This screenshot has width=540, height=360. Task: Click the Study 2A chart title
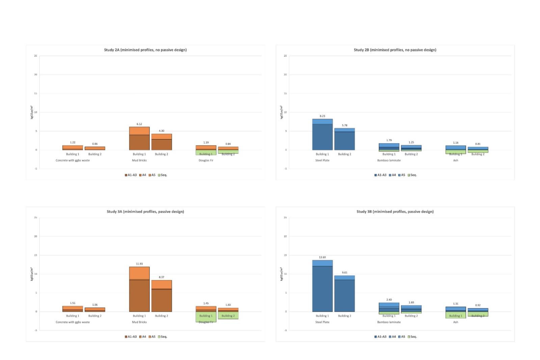145,50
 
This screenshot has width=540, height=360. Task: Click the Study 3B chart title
395,212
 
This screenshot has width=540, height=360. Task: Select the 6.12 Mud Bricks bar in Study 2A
139,138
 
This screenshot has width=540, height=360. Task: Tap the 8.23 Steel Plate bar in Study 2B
322,135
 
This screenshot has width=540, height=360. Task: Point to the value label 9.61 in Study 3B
345,272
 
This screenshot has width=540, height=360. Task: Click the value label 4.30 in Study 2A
161,131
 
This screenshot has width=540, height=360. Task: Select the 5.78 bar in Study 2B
345,139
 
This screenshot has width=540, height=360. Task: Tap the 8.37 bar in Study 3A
161,296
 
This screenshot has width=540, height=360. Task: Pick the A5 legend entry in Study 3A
152,337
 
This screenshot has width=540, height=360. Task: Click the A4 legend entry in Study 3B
392,337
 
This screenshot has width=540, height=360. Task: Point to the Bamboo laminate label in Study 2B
389,160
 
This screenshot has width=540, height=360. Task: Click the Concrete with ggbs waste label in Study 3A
73,322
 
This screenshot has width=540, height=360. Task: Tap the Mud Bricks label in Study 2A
139,160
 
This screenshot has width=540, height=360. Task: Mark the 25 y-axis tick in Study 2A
35,56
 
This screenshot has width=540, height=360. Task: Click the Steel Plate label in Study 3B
322,322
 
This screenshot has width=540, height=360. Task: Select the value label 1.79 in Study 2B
389,140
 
